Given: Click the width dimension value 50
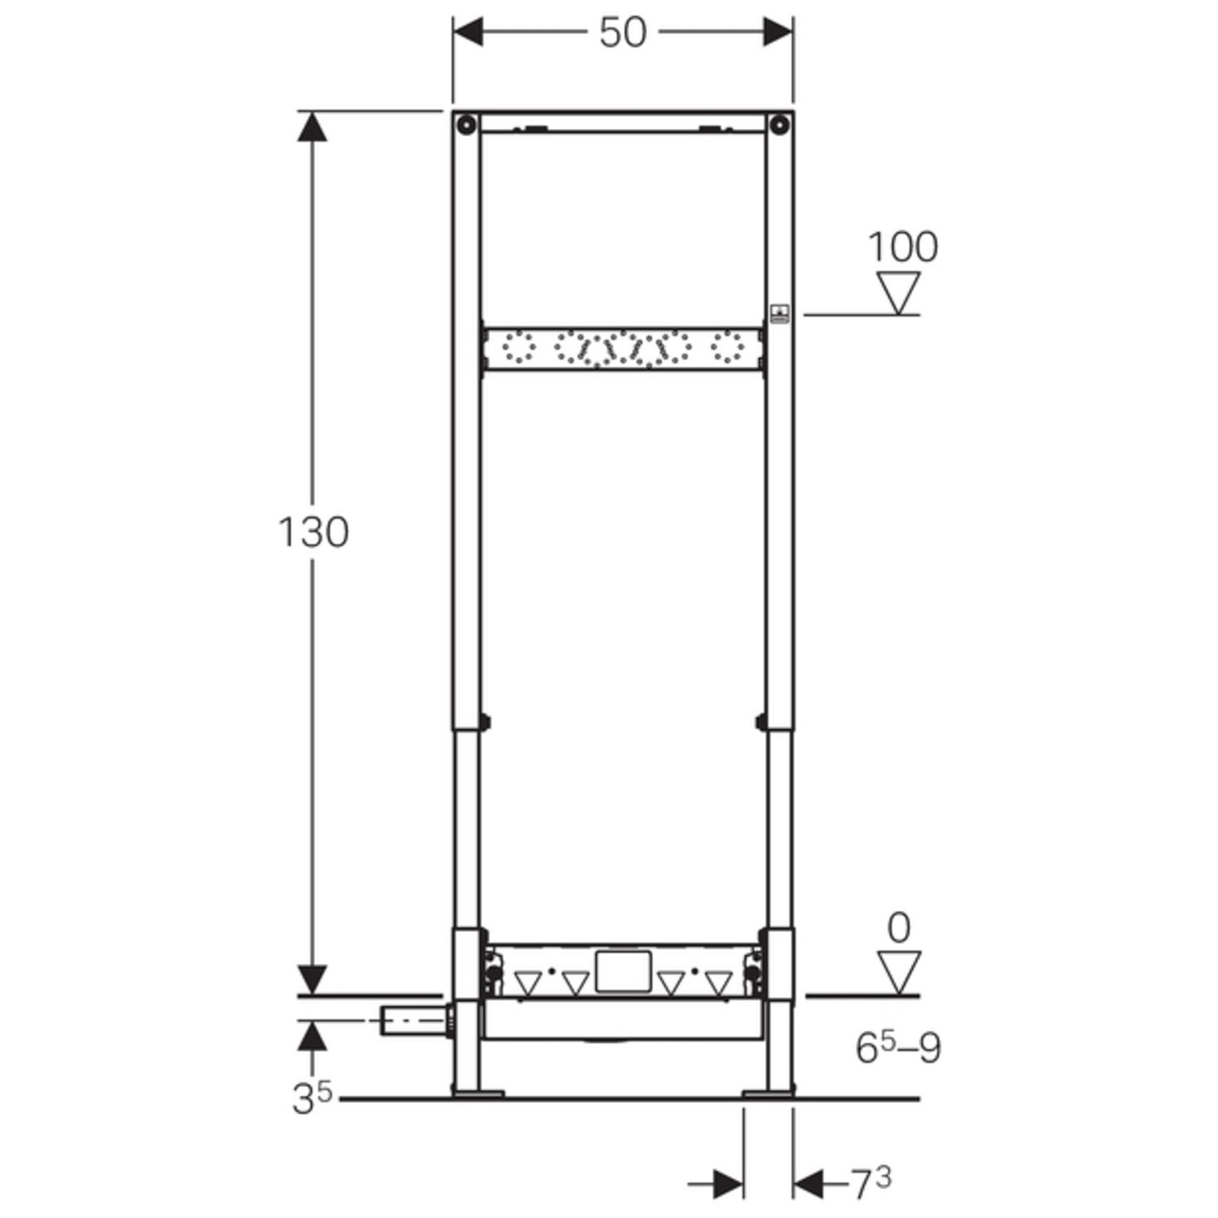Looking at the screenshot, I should tap(623, 33).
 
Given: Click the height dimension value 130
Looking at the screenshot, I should tap(313, 532).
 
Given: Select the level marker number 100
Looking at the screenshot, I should tap(902, 247).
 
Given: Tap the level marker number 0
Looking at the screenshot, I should tap(898, 928).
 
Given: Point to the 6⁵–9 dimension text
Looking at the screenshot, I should tap(898, 1047).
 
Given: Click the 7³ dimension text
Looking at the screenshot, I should tap(871, 1183).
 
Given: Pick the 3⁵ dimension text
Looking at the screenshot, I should tap(313, 1098).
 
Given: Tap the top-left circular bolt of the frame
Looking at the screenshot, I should tap(466, 125).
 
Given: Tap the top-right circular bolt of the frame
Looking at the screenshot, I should tap(780, 125).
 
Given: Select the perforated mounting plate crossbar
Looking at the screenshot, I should tap(623, 349).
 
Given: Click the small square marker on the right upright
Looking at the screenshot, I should tap(779, 313).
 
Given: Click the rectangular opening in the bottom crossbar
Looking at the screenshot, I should tap(623, 971).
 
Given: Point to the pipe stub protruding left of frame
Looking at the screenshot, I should tap(413, 1020).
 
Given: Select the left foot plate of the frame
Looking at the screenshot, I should tap(479, 1093).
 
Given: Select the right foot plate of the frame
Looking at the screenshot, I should tap(767, 1093).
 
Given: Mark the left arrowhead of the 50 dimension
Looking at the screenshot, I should tap(469, 33).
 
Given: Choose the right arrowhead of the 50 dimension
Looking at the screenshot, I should tap(778, 33).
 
